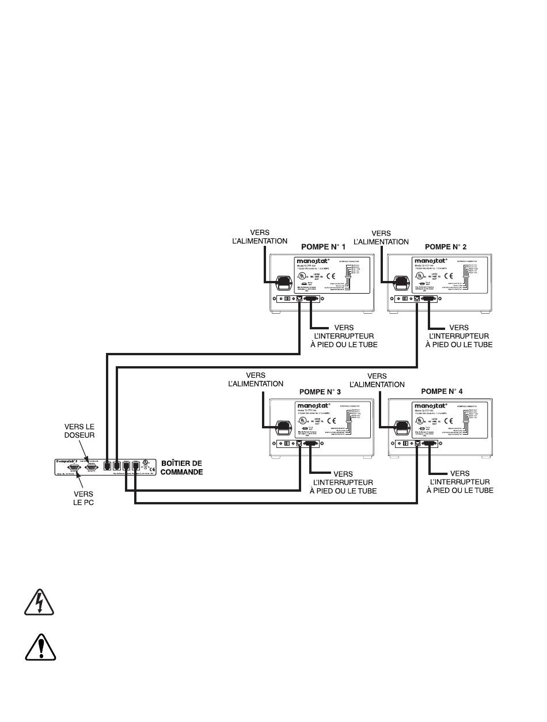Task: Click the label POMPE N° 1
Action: pyautogui.click(x=324, y=246)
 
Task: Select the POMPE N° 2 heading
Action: pyautogui.click(x=446, y=246)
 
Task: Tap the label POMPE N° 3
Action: pyautogui.click(x=320, y=392)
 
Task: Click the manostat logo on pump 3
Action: pyautogui.click(x=314, y=406)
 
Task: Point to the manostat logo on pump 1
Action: pyautogui.click(x=317, y=261)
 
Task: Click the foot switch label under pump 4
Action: pyautogui.click(x=459, y=481)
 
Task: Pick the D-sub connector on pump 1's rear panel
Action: pyautogui.click(x=312, y=299)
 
